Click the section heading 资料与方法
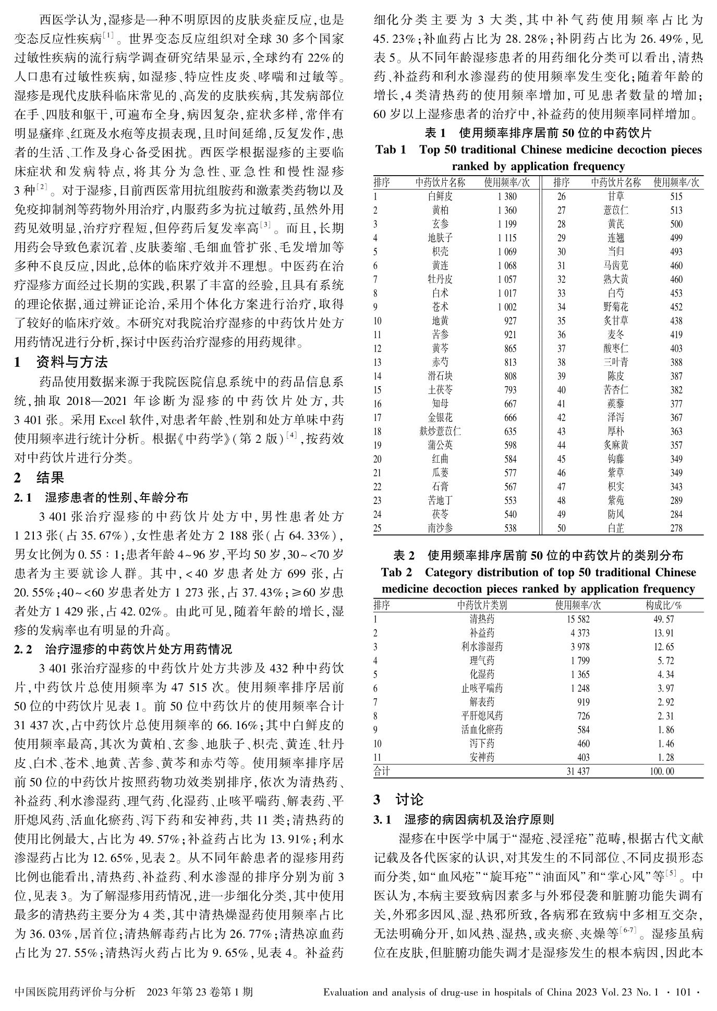pyautogui.click(x=72, y=362)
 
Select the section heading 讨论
pyautogui.click(x=409, y=799)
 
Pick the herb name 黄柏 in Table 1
pyautogui.click(x=440, y=211)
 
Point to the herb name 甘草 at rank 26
pyautogui.click(x=615, y=196)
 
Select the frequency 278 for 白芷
pyautogui.click(x=676, y=528)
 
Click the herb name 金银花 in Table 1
pyautogui.click(x=440, y=417)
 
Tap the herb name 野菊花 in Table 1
pyautogui.click(x=615, y=307)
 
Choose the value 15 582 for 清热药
pyautogui.click(x=578, y=619)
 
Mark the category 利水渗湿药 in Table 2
pyautogui.click(x=482, y=647)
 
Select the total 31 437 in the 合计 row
pyautogui.click(x=578, y=771)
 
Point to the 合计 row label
pyautogui.click(x=381, y=771)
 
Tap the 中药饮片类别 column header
pyautogui.click(x=482, y=605)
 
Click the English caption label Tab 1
pyautogui.click(x=391, y=150)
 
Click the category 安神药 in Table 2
pyautogui.click(x=482, y=757)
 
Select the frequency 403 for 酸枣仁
pyautogui.click(x=676, y=349)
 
